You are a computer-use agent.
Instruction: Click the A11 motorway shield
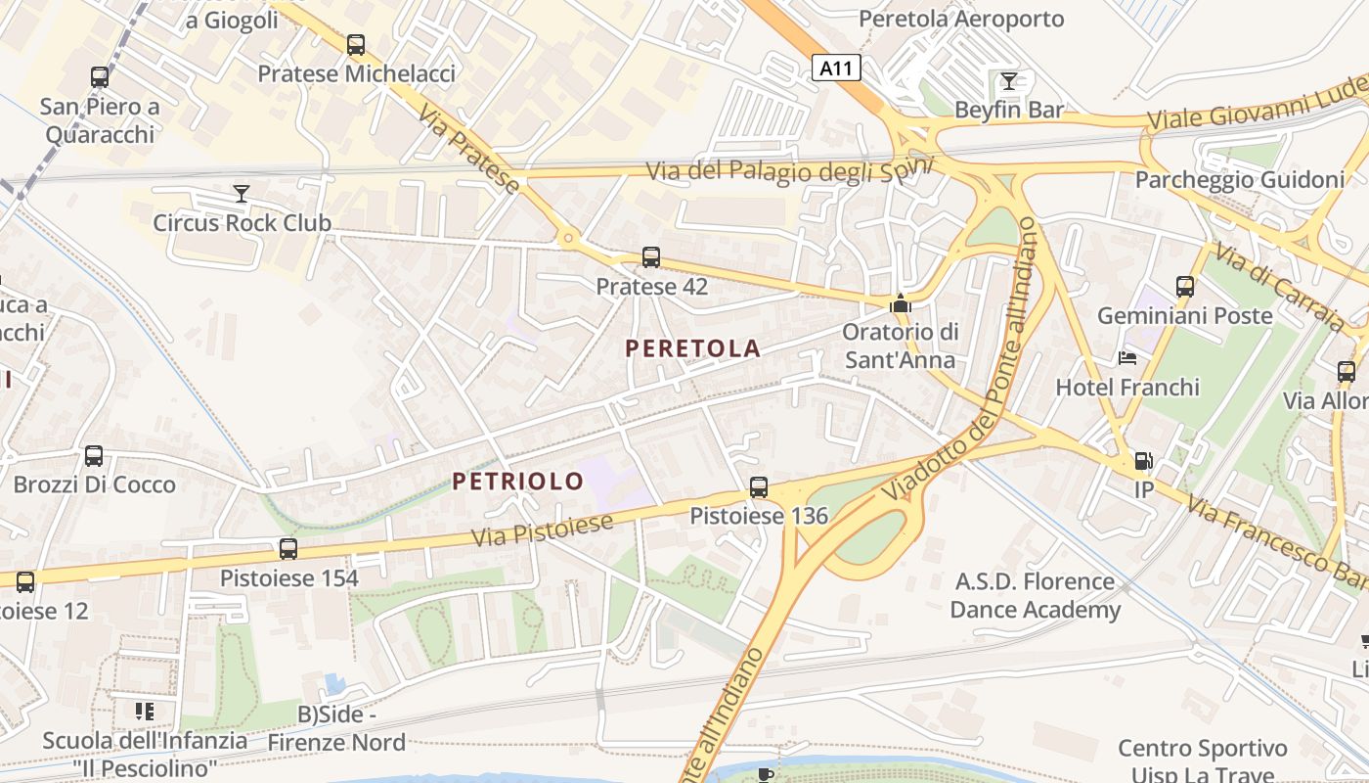point(837,69)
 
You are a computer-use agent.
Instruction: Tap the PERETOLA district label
point(692,347)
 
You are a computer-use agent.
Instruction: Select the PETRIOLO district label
point(517,481)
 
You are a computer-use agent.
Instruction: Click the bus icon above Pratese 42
point(651,257)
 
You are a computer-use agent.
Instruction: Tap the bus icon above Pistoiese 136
point(758,486)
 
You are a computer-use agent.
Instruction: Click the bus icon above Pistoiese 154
point(287,549)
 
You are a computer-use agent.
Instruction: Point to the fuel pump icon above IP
point(1142,461)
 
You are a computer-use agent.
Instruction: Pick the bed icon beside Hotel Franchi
point(1127,358)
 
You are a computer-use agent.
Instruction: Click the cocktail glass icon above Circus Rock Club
point(242,194)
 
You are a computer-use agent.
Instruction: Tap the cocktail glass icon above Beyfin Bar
point(1009,80)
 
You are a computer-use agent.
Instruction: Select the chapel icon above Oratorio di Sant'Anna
point(900,304)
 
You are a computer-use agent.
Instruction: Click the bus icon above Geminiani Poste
point(1185,287)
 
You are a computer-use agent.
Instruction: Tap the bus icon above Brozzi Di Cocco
point(94,455)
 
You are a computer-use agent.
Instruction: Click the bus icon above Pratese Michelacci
point(356,45)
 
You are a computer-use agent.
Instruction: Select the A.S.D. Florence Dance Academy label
point(1035,595)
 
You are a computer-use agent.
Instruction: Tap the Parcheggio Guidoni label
point(1239,180)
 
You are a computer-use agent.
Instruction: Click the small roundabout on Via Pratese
point(567,237)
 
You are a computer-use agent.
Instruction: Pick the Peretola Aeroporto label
point(960,19)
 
